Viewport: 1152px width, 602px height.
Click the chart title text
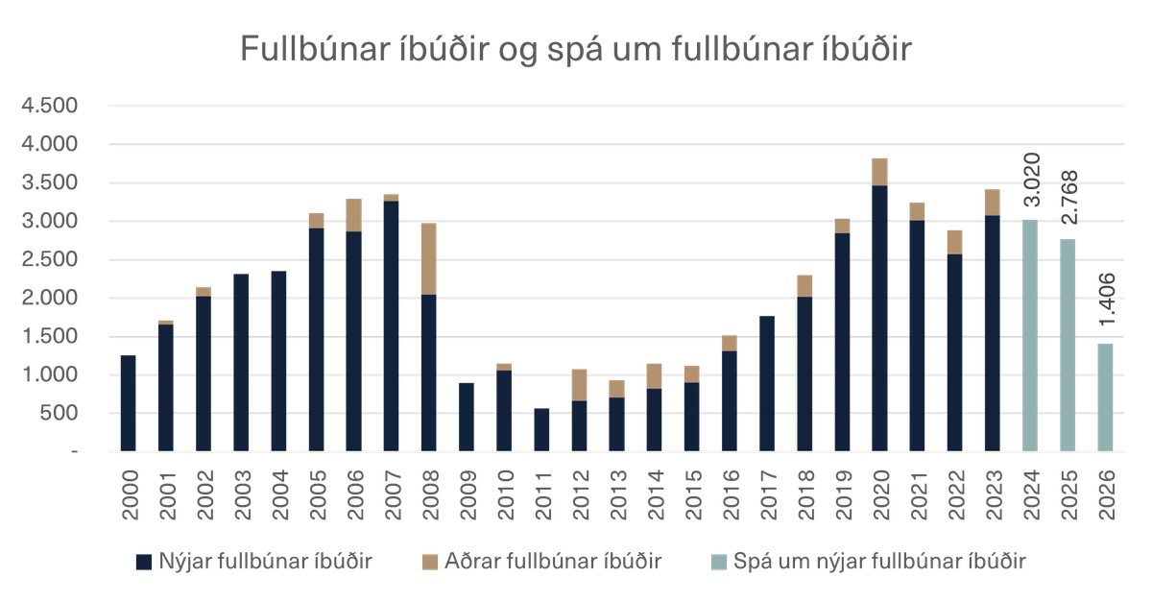click(x=575, y=49)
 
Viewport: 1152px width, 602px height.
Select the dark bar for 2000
click(x=128, y=402)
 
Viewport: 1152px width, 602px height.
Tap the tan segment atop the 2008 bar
click(x=429, y=259)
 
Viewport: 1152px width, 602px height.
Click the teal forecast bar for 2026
click(x=1105, y=397)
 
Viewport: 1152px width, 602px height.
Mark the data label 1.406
click(x=1105, y=298)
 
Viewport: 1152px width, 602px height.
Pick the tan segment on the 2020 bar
click(x=880, y=171)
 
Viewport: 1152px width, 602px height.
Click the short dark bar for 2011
click(x=541, y=429)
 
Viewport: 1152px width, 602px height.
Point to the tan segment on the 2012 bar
click(x=579, y=384)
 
